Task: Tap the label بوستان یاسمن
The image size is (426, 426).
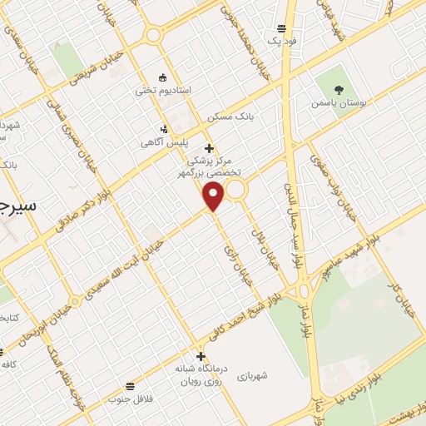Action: point(338,103)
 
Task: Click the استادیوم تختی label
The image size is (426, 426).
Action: point(163,89)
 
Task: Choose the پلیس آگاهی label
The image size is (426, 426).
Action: point(164,142)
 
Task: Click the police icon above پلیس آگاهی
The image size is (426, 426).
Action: point(164,129)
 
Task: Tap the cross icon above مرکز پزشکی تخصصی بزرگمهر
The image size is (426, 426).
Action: point(209,147)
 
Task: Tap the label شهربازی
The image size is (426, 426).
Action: point(250,375)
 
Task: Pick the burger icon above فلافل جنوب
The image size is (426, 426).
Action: point(130,386)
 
